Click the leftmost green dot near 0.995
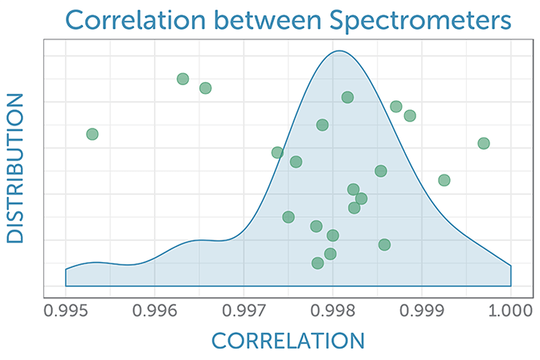pos(92,133)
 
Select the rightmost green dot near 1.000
pos(484,143)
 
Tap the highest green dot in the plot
pos(182,79)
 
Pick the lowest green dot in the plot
pos(317,263)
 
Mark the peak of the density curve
pos(338,51)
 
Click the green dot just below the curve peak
pos(347,97)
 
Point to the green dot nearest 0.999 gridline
pos(410,116)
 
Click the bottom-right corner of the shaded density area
pos(511,286)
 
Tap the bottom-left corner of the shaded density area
pos(65,286)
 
